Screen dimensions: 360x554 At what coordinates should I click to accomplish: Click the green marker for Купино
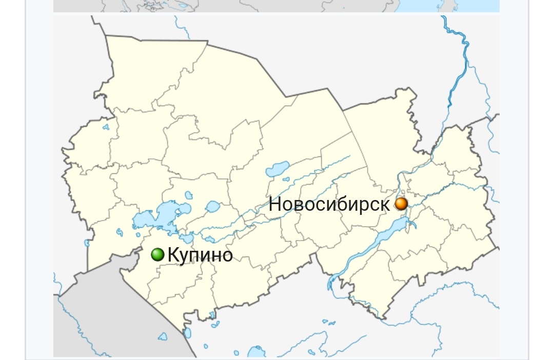tap(157, 254)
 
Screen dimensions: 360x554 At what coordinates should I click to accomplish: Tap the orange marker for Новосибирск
tap(401, 204)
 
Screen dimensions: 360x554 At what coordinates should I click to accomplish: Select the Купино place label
tap(200, 255)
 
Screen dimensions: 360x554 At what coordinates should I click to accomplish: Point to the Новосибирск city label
tap(329, 205)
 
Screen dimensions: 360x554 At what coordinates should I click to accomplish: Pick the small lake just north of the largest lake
tap(189, 195)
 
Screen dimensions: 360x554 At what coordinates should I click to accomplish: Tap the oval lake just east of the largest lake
tap(212, 207)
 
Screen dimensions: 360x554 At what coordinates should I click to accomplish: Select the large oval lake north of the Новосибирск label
tap(278, 168)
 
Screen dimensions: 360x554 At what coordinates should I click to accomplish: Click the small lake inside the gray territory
tap(163, 337)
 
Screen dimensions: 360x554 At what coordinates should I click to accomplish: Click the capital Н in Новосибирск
tap(275, 205)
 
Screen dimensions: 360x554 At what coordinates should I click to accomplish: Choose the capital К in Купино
tap(173, 255)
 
